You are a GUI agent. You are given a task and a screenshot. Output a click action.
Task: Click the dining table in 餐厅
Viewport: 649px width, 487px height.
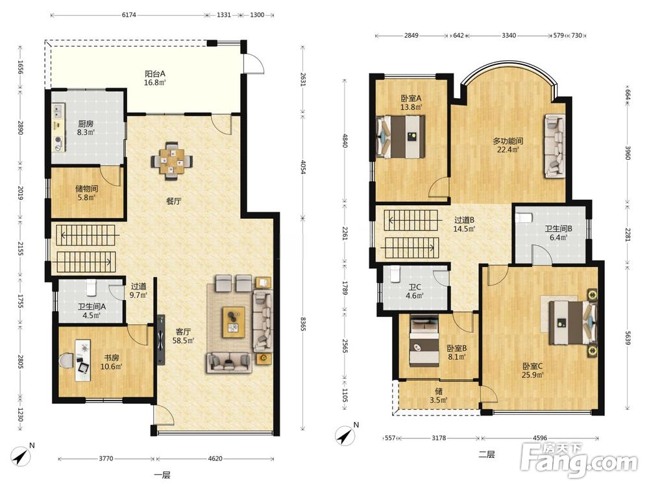pos(172,161)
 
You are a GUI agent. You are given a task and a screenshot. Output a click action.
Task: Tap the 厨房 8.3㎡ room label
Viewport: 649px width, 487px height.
pos(86,128)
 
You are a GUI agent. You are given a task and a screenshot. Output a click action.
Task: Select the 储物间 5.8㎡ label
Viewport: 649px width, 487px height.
pos(86,193)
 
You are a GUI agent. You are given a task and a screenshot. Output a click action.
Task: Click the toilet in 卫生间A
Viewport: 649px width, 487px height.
pos(92,286)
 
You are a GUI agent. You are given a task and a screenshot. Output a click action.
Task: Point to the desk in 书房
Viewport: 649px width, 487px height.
pos(83,360)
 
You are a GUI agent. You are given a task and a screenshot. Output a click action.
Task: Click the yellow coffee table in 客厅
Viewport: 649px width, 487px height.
pos(234,322)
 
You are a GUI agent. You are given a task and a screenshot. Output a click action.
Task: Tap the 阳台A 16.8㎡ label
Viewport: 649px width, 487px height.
pos(155,78)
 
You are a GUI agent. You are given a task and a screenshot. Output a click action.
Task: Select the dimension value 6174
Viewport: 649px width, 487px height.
pos(129,15)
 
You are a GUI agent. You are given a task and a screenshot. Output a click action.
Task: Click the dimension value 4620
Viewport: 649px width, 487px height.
pos(215,458)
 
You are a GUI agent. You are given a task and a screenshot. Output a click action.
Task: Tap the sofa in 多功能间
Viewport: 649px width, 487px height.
pos(555,145)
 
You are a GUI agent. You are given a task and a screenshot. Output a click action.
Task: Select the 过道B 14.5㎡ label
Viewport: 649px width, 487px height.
pos(464,224)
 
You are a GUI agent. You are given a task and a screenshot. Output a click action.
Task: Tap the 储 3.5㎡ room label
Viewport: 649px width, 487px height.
pos(439,395)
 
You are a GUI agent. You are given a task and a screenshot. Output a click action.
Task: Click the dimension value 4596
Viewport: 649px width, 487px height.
pos(540,438)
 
